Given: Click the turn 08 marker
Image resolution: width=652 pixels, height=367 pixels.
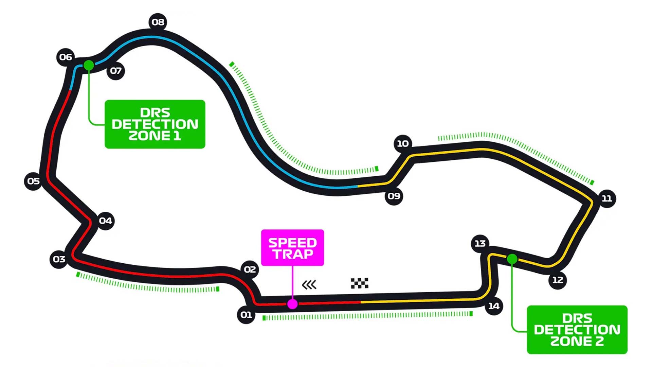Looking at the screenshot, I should pos(158,22).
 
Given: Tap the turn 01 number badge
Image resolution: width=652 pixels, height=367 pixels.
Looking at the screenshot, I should pos(246,315).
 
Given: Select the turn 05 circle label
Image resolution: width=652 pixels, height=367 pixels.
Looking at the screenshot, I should pos(33,181).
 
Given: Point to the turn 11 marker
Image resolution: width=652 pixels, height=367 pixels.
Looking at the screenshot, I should pos(606,198).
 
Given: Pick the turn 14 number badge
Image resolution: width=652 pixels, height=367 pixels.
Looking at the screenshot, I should pos(494,306).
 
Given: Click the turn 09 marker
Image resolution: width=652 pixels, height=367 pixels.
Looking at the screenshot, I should pos(394,196).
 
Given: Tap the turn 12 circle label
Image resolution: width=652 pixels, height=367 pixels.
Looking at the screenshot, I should pos(558,280).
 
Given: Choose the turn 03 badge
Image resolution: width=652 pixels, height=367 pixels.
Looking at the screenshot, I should pos(59,259).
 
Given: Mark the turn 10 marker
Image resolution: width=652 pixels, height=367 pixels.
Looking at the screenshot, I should pos(403,143).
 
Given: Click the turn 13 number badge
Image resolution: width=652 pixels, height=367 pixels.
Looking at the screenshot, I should pos(480,243).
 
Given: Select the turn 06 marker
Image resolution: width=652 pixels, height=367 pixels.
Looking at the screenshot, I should pos(66,57).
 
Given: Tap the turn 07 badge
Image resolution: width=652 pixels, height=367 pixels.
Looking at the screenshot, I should pos(116,71).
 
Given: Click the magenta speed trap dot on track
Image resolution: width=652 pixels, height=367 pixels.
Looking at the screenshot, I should pos(292,304).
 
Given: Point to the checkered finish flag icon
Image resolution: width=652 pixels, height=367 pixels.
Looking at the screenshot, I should pos(359,283).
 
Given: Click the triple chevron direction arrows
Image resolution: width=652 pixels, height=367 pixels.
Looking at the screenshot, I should pos(309,284).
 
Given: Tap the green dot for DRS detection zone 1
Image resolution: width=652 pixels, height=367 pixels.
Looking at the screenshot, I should pos(89,65).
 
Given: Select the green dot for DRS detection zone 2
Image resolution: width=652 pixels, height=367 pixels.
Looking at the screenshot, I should pos(512,259).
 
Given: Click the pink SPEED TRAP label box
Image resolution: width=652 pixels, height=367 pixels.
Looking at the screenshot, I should pos(292,247).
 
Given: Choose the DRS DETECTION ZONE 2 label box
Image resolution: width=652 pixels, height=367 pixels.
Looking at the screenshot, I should pos(577,330).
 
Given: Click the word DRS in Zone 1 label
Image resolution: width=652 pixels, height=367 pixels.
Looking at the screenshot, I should pos(155,112).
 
